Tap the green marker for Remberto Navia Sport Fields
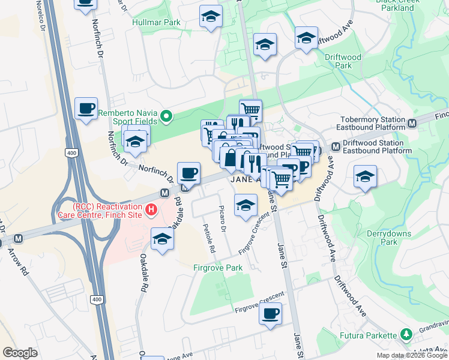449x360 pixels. [168, 116]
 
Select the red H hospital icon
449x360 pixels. [152, 209]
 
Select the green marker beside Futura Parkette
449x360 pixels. [406, 334]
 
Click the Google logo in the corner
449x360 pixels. [20, 353]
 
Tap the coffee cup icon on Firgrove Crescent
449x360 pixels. [271, 313]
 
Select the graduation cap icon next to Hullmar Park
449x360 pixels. [211, 17]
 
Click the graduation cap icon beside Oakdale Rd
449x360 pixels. [161, 239]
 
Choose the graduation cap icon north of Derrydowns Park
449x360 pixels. [365, 177]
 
